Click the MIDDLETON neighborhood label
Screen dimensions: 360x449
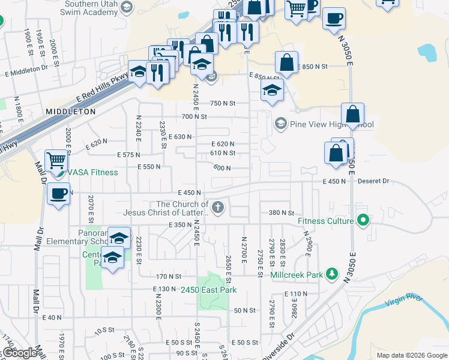tap(71, 112)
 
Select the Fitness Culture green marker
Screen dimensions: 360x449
tap(362, 221)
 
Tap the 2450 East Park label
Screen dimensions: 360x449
tap(208, 290)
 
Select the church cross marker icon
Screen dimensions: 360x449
tap(218, 208)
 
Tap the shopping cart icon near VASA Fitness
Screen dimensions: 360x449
tap(56, 160)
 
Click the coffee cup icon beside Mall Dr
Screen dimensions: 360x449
tap(58, 194)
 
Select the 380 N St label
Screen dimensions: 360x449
tap(281, 212)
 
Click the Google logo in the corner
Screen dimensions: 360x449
tap(19, 353)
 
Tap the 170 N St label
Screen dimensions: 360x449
tap(169, 276)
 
